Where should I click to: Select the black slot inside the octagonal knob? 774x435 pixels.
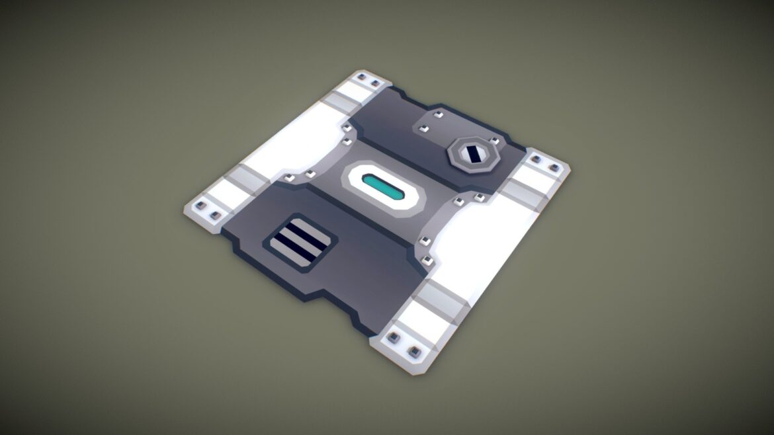click(x=474, y=155)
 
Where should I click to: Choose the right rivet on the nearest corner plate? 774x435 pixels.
click(x=415, y=350)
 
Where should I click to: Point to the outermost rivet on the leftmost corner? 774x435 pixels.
click(x=198, y=208)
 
